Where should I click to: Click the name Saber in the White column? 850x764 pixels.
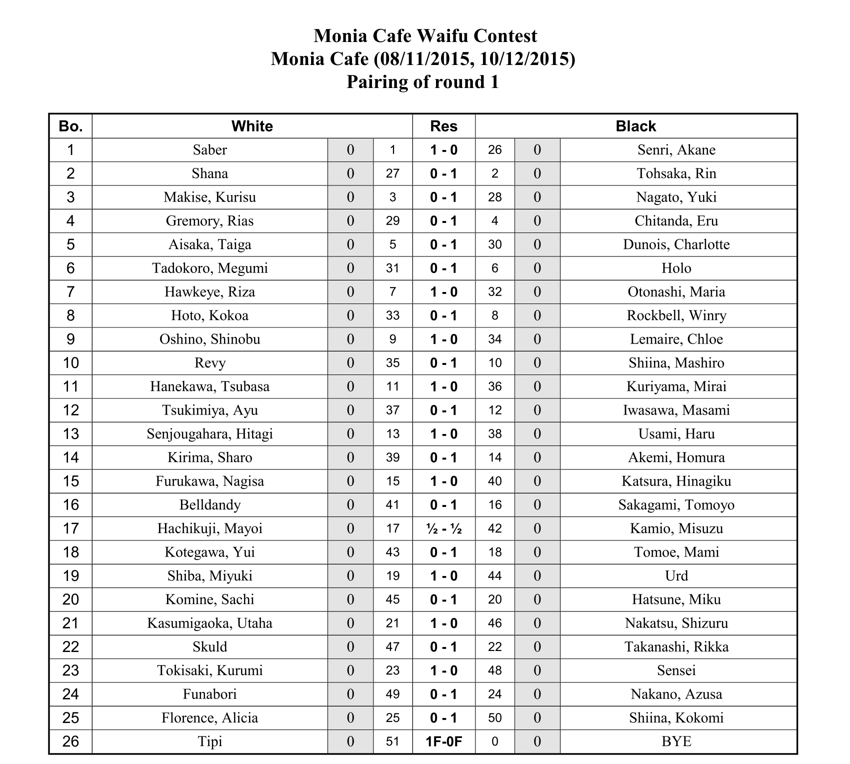[x=209, y=150]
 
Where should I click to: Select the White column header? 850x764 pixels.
[x=252, y=126]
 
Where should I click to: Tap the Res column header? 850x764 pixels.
[x=443, y=126]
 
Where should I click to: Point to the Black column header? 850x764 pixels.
[x=635, y=126]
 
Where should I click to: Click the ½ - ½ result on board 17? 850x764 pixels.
[x=443, y=528]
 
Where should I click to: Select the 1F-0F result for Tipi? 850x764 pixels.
[x=443, y=741]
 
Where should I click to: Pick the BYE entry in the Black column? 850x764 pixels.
[x=676, y=741]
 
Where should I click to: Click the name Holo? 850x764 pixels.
[x=676, y=268]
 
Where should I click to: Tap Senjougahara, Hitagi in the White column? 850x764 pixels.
[x=209, y=434]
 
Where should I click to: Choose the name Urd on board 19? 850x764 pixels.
[x=676, y=576]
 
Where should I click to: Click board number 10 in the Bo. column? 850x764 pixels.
[x=70, y=363]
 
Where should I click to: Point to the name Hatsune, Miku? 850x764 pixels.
[x=676, y=599]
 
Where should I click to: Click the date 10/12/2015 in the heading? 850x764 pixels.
[x=526, y=59]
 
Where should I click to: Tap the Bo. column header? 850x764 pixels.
[x=70, y=126]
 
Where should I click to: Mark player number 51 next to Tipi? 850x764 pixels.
[x=392, y=741]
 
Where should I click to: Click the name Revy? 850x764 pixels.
[x=209, y=363]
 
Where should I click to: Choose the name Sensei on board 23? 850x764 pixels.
[x=676, y=670]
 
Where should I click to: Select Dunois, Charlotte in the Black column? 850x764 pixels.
[x=676, y=244]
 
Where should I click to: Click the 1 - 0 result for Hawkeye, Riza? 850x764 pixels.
[x=443, y=292]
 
